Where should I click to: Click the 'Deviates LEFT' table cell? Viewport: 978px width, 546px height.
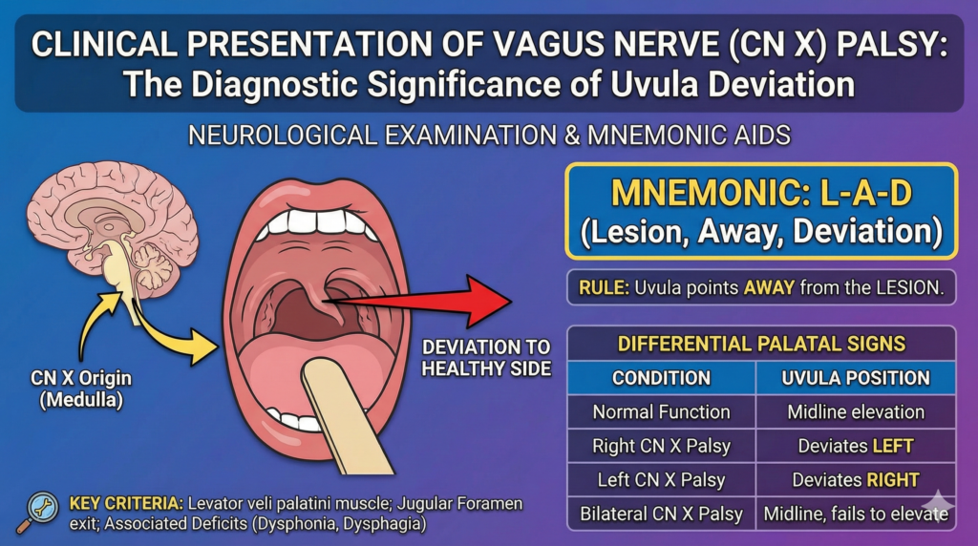click(856, 446)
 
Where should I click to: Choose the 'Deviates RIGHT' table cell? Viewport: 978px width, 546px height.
click(856, 479)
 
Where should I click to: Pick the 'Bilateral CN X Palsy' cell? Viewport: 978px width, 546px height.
click(661, 514)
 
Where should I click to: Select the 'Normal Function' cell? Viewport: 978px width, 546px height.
click(661, 412)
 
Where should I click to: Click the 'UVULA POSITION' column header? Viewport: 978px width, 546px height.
click(856, 377)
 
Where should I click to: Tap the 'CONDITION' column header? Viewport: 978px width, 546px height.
click(661, 377)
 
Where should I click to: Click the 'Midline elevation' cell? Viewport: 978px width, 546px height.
click(856, 412)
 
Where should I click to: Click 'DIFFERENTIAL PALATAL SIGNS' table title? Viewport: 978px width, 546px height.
click(761, 344)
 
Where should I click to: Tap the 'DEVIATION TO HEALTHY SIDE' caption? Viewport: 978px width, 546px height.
click(488, 357)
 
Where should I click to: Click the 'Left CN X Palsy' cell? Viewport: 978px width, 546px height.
click(661, 479)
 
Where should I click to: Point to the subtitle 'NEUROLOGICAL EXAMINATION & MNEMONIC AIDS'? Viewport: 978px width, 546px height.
click(489, 135)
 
